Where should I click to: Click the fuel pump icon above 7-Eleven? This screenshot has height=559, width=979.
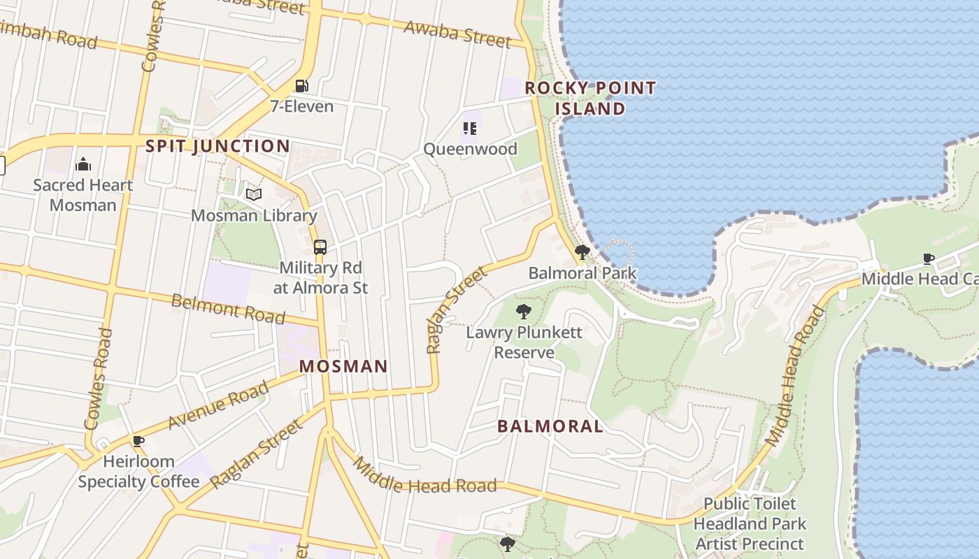301,86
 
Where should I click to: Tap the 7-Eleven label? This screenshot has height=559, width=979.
301,107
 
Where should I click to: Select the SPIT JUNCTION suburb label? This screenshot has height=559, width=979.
217,146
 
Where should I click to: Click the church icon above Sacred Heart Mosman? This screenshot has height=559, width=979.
83,164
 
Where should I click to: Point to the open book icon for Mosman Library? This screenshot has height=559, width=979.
254,194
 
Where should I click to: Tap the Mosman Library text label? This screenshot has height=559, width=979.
254,215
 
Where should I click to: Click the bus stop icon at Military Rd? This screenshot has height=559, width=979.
320,247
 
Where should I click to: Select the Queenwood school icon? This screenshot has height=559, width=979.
470,128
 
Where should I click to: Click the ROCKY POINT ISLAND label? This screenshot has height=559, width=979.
590,98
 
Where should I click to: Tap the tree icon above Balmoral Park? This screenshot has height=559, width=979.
582,252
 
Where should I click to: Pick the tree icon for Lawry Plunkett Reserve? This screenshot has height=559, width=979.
523,312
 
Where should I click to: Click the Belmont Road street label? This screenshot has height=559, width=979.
228,308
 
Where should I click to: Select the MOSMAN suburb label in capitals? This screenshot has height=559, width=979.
343,366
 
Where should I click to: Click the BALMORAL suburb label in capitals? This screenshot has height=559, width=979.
550,426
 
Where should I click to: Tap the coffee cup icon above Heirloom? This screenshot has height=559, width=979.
138,441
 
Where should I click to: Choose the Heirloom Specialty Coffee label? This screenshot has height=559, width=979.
138,472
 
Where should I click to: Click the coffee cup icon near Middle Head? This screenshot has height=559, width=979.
929,259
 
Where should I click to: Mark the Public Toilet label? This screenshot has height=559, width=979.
750,504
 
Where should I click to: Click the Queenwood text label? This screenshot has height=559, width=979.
470,149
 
